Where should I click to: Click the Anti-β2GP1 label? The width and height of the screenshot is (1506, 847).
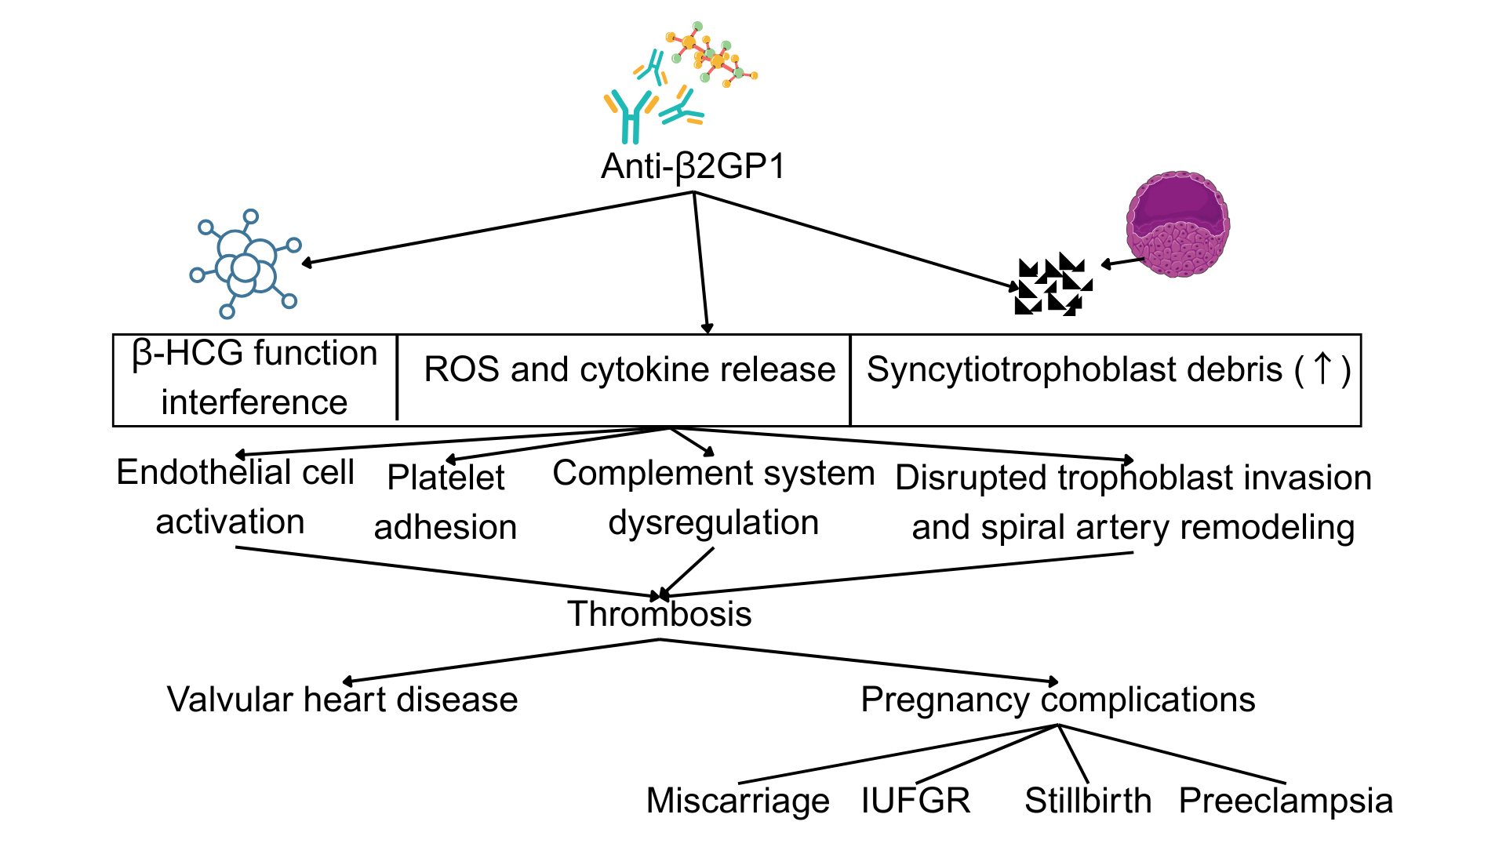pyautogui.click(x=693, y=166)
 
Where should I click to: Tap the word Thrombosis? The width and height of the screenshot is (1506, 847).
pyautogui.click(x=659, y=614)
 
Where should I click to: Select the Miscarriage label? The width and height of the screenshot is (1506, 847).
pyautogui.click(x=737, y=801)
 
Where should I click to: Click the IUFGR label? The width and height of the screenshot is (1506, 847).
pyautogui.click(x=915, y=801)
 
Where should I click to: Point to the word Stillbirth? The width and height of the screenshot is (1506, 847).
pyautogui.click(x=1088, y=801)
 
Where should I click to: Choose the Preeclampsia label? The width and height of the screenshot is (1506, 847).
pyautogui.click(x=1286, y=801)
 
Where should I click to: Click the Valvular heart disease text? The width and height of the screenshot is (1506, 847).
pyautogui.click(x=342, y=700)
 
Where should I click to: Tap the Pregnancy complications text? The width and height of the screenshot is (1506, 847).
pyautogui.click(x=1057, y=700)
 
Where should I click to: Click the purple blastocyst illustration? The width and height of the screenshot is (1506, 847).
pyautogui.click(x=1177, y=224)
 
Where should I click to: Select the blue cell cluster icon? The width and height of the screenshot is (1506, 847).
pyautogui.click(x=246, y=264)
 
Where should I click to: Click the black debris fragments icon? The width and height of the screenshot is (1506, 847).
pyautogui.click(x=1053, y=285)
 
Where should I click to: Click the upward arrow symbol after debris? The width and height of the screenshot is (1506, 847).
pyautogui.click(x=1322, y=369)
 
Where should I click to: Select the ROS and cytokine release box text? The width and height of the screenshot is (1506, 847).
pyautogui.click(x=629, y=369)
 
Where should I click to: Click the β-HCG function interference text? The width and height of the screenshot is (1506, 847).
pyautogui.click(x=254, y=377)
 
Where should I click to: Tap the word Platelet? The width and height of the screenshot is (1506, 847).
pyautogui.click(x=446, y=478)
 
